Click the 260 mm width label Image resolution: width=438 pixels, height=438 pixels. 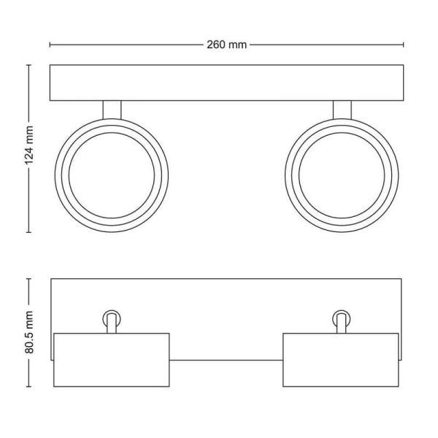tap(226, 45)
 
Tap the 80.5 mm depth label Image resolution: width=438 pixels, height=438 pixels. tap(29, 333)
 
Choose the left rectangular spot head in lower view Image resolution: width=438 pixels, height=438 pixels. tap(112, 359)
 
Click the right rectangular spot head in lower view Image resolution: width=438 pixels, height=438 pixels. tap(341, 359)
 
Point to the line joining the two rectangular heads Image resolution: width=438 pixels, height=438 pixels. tap(226, 360)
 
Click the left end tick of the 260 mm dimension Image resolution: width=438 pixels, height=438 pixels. tap(50, 45)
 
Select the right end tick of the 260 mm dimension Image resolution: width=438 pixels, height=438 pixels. tap(404, 45)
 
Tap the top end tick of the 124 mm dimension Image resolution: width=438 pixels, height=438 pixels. tap(29, 65)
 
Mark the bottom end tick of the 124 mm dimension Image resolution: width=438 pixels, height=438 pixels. tap(29, 232)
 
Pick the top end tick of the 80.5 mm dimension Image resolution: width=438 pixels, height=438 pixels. tap(29, 278)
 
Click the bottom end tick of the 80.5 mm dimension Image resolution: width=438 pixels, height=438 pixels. tap(29, 387)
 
